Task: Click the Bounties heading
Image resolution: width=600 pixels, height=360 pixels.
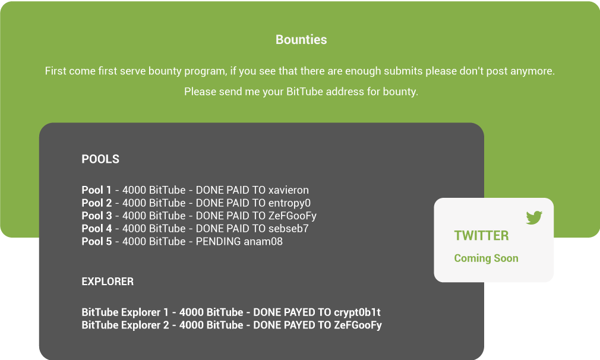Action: tap(301, 39)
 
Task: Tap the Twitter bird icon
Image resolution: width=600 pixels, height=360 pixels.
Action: tap(534, 217)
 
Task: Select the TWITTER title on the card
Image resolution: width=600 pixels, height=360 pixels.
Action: tap(481, 236)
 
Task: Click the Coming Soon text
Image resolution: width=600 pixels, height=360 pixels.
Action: tap(486, 258)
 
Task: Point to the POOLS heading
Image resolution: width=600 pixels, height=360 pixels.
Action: tap(100, 159)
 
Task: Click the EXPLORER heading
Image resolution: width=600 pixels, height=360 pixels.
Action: tap(108, 282)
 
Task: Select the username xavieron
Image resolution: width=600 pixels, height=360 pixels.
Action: tap(289, 190)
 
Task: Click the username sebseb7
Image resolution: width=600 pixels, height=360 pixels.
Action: tap(288, 228)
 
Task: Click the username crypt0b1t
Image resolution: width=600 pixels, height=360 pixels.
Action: tap(357, 312)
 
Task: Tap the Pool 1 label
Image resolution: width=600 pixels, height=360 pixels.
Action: tap(96, 190)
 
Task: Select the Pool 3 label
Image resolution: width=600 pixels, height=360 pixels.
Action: tap(96, 216)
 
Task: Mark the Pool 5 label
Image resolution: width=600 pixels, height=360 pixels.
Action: tap(96, 241)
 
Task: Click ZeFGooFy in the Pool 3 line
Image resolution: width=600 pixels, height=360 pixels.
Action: tap(292, 216)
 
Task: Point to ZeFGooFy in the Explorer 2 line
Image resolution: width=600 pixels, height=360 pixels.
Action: tap(358, 325)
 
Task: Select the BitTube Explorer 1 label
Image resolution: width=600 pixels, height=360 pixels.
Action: tap(125, 312)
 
